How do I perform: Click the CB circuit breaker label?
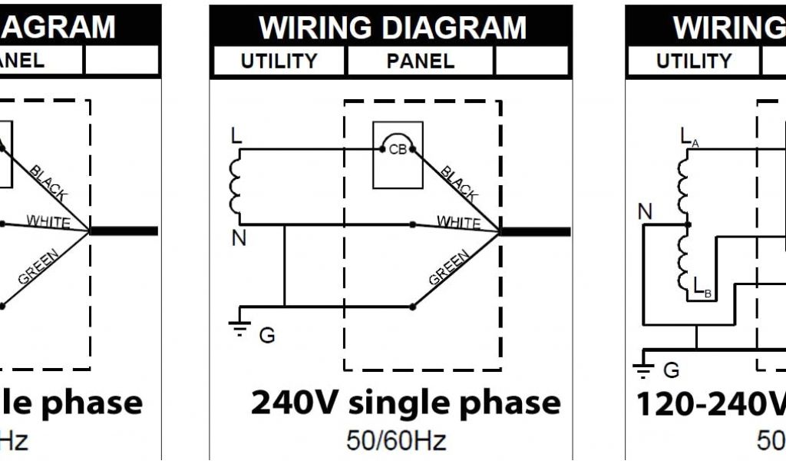(398, 150)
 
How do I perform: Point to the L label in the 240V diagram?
(236, 136)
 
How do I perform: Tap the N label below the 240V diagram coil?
(239, 239)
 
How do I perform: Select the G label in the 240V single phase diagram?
(266, 336)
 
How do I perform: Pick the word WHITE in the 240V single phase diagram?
(458, 222)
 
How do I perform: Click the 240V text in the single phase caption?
(295, 403)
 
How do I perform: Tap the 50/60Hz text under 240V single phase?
(395, 440)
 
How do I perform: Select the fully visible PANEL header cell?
(420, 61)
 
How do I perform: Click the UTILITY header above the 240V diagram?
(279, 61)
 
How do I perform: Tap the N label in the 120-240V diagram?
(646, 211)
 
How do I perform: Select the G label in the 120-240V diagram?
(671, 370)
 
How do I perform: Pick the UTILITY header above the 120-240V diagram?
(693, 61)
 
